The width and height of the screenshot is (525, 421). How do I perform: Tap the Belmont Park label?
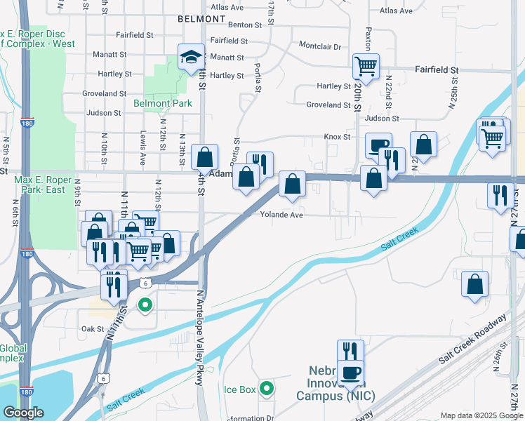162,103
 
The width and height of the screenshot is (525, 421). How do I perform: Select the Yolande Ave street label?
281,215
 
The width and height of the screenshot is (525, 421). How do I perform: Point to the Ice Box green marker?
266,388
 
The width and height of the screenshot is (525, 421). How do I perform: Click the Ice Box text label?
239,389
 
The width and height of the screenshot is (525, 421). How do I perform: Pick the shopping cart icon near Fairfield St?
366,67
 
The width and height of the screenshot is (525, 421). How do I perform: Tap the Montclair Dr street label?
319,46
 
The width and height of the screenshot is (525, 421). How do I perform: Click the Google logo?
22,413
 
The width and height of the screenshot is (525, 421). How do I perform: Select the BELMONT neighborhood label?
200,18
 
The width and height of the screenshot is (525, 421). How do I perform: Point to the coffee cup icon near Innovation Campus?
350,373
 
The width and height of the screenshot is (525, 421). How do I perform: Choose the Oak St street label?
92,328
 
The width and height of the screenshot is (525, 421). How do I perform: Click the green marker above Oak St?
145,305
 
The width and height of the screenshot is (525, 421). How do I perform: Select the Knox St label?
337,137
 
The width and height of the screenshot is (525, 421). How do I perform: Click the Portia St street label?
258,79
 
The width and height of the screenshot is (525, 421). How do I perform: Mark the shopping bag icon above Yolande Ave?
291,185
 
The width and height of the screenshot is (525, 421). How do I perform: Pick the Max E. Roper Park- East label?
40,185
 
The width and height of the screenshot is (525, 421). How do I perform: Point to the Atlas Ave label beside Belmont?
227,8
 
